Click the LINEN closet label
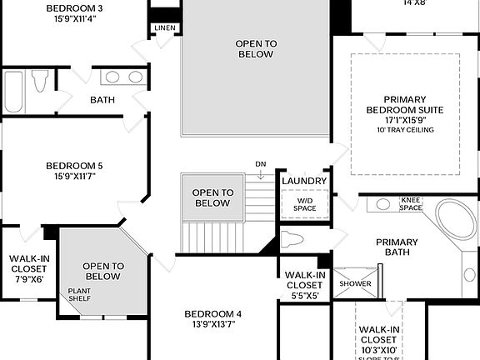(x=164, y=28)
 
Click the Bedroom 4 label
(x=212, y=319)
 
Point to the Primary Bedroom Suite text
(x=405, y=104)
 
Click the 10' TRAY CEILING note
(x=405, y=130)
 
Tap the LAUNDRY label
(x=303, y=181)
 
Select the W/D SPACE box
(x=304, y=204)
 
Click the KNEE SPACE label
(x=411, y=203)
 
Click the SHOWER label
(x=355, y=283)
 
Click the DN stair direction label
(x=261, y=164)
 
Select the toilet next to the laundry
(x=292, y=241)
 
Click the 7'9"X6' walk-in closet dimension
(x=29, y=280)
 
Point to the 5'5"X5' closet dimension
(x=304, y=294)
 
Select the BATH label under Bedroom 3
(x=102, y=100)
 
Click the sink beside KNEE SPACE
(x=383, y=203)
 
